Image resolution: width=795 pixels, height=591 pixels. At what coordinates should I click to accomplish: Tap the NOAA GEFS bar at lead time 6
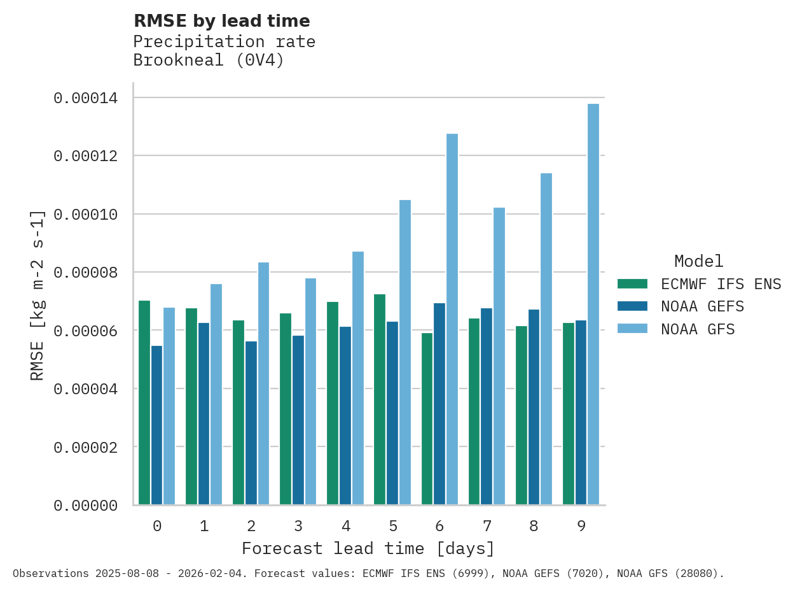(x=439, y=404)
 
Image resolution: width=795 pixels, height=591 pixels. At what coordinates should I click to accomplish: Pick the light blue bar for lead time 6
(x=452, y=319)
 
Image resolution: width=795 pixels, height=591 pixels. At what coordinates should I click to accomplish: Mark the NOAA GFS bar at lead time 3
(x=310, y=392)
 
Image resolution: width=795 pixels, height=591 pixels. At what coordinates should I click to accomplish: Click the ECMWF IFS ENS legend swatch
(x=632, y=283)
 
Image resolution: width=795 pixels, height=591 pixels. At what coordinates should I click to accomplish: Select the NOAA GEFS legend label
(x=702, y=306)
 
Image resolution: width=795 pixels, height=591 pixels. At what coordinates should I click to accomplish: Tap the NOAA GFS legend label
(x=698, y=329)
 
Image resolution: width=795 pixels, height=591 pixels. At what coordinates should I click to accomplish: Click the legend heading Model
(x=698, y=261)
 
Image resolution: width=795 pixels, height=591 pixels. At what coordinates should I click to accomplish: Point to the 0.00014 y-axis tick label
(x=85, y=98)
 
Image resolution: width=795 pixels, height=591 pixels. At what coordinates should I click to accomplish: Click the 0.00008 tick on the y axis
(x=85, y=273)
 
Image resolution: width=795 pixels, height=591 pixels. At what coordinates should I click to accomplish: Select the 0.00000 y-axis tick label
(x=85, y=506)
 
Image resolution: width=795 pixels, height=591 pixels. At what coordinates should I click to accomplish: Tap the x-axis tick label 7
(x=487, y=526)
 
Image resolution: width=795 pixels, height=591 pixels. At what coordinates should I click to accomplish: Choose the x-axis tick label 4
(x=345, y=526)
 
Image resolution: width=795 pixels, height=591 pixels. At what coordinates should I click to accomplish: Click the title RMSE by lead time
(x=222, y=21)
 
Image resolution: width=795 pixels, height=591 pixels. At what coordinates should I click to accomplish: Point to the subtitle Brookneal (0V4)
(x=209, y=61)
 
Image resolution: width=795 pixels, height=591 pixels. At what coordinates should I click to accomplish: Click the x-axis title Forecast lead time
(x=368, y=548)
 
